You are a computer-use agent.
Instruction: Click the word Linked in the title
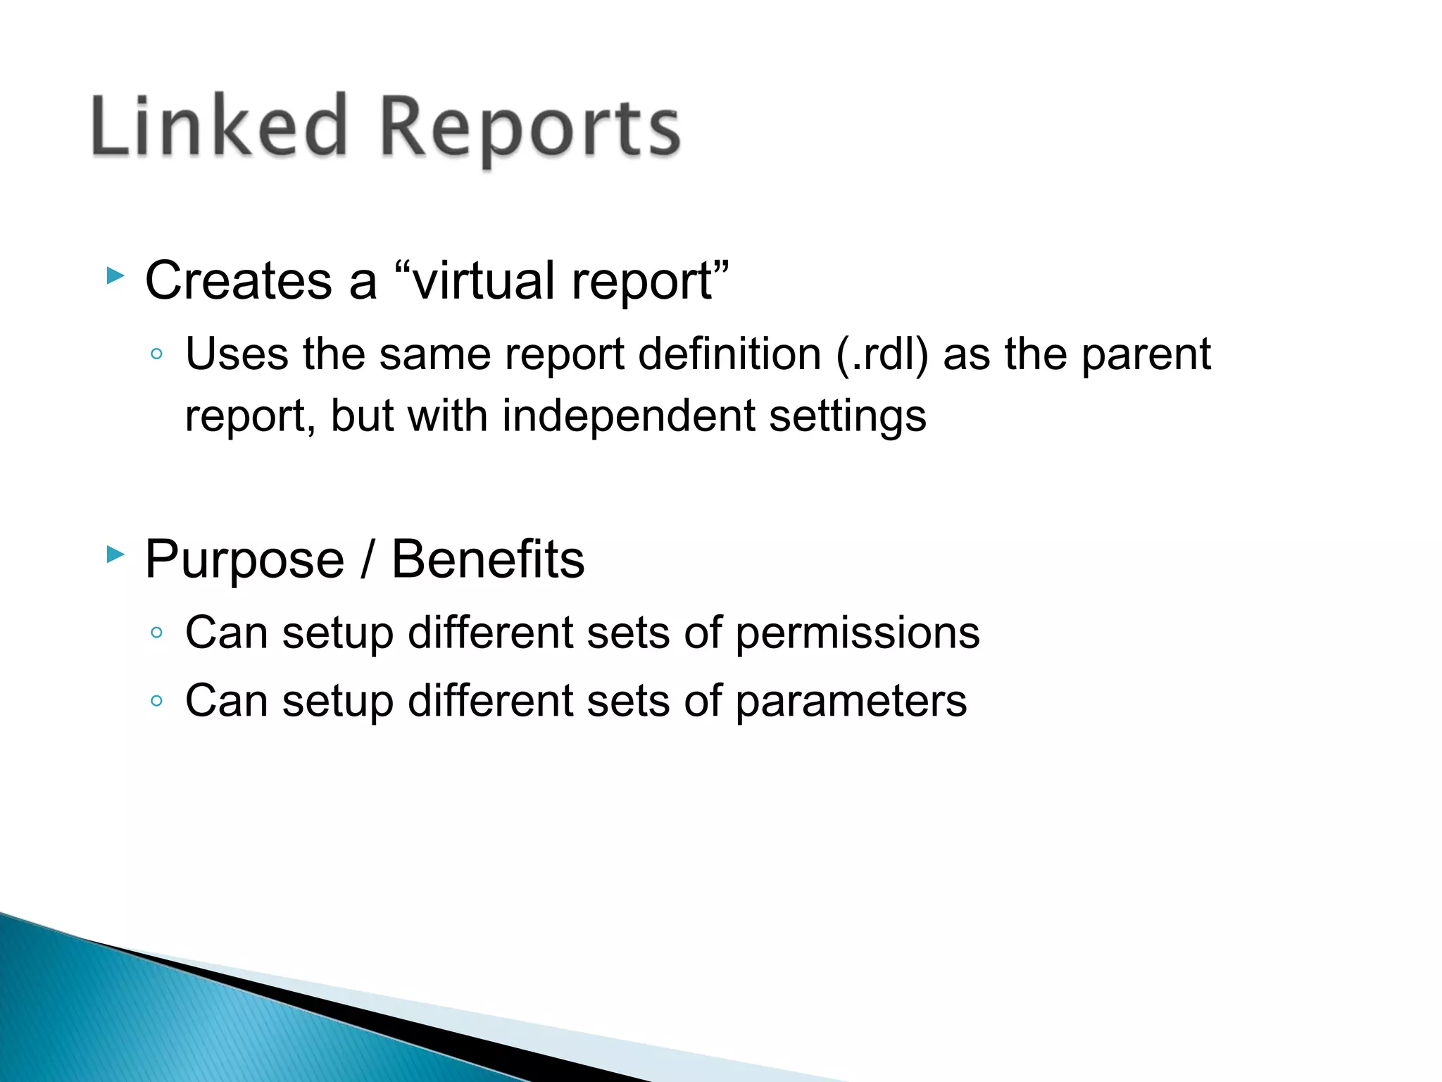pyautogui.click(x=219, y=127)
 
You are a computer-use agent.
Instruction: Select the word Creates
pyautogui.click(x=238, y=280)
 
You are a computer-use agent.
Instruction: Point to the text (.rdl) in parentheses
pyautogui.click(x=882, y=354)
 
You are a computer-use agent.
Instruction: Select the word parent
pyautogui.click(x=1146, y=355)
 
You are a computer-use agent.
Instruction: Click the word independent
pyautogui.click(x=628, y=416)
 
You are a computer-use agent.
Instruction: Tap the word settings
pyautogui.click(x=847, y=417)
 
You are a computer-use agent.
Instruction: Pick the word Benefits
pyautogui.click(x=487, y=559)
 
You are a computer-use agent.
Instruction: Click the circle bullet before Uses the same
pyautogui.click(x=156, y=354)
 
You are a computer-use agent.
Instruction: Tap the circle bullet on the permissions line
pyautogui.click(x=156, y=633)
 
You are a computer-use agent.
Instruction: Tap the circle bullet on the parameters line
pyautogui.click(x=156, y=701)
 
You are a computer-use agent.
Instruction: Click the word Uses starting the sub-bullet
pyautogui.click(x=237, y=354)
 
